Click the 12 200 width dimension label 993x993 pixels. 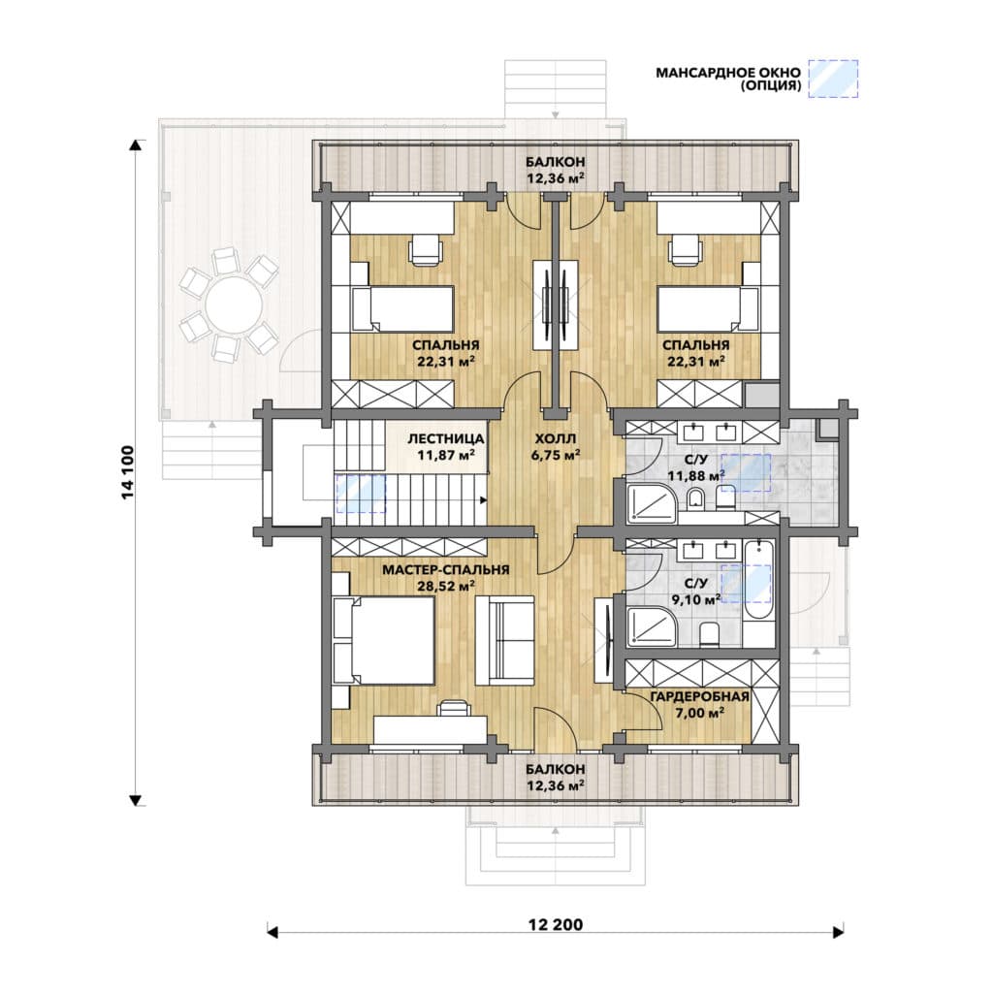click(x=556, y=924)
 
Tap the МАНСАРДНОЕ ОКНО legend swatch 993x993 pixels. click(x=835, y=79)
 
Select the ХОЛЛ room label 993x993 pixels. click(x=556, y=438)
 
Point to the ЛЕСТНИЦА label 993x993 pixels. click(x=446, y=438)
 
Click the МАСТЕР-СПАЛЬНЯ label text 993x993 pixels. click(x=446, y=570)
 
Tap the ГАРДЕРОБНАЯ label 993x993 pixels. click(x=700, y=696)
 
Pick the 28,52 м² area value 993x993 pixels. click(x=446, y=586)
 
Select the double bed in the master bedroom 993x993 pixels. click(x=384, y=641)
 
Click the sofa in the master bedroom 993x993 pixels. click(x=504, y=640)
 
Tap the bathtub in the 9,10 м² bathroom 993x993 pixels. click(x=758, y=581)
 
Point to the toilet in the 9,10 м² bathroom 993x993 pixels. click(x=709, y=634)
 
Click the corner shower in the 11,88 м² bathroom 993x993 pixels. click(x=652, y=503)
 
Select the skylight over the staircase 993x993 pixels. click(x=361, y=494)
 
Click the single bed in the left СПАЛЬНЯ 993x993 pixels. click(x=402, y=308)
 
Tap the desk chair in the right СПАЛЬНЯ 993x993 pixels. click(x=686, y=249)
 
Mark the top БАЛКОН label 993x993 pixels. click(x=556, y=162)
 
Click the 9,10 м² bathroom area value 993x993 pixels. click(x=696, y=599)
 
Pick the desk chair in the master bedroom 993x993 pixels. click(x=454, y=707)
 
